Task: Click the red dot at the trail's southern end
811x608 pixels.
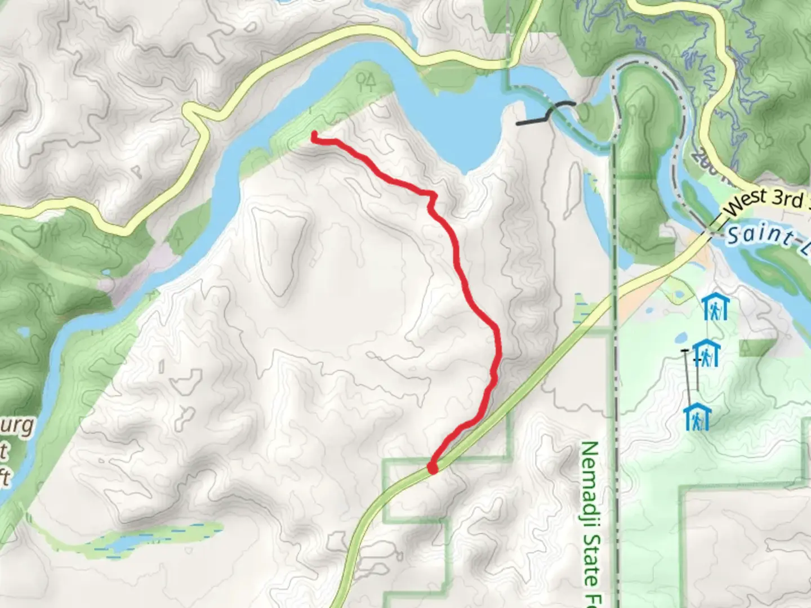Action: pos(433,467)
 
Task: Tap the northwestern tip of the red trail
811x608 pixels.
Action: pos(314,135)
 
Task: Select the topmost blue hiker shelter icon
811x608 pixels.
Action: pos(715,307)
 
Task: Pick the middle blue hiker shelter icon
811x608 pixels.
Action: pos(706,354)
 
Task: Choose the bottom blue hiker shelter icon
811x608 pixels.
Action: pos(697,417)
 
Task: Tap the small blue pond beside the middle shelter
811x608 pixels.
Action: pos(679,338)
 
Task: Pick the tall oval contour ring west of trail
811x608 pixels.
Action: pos(279,251)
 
